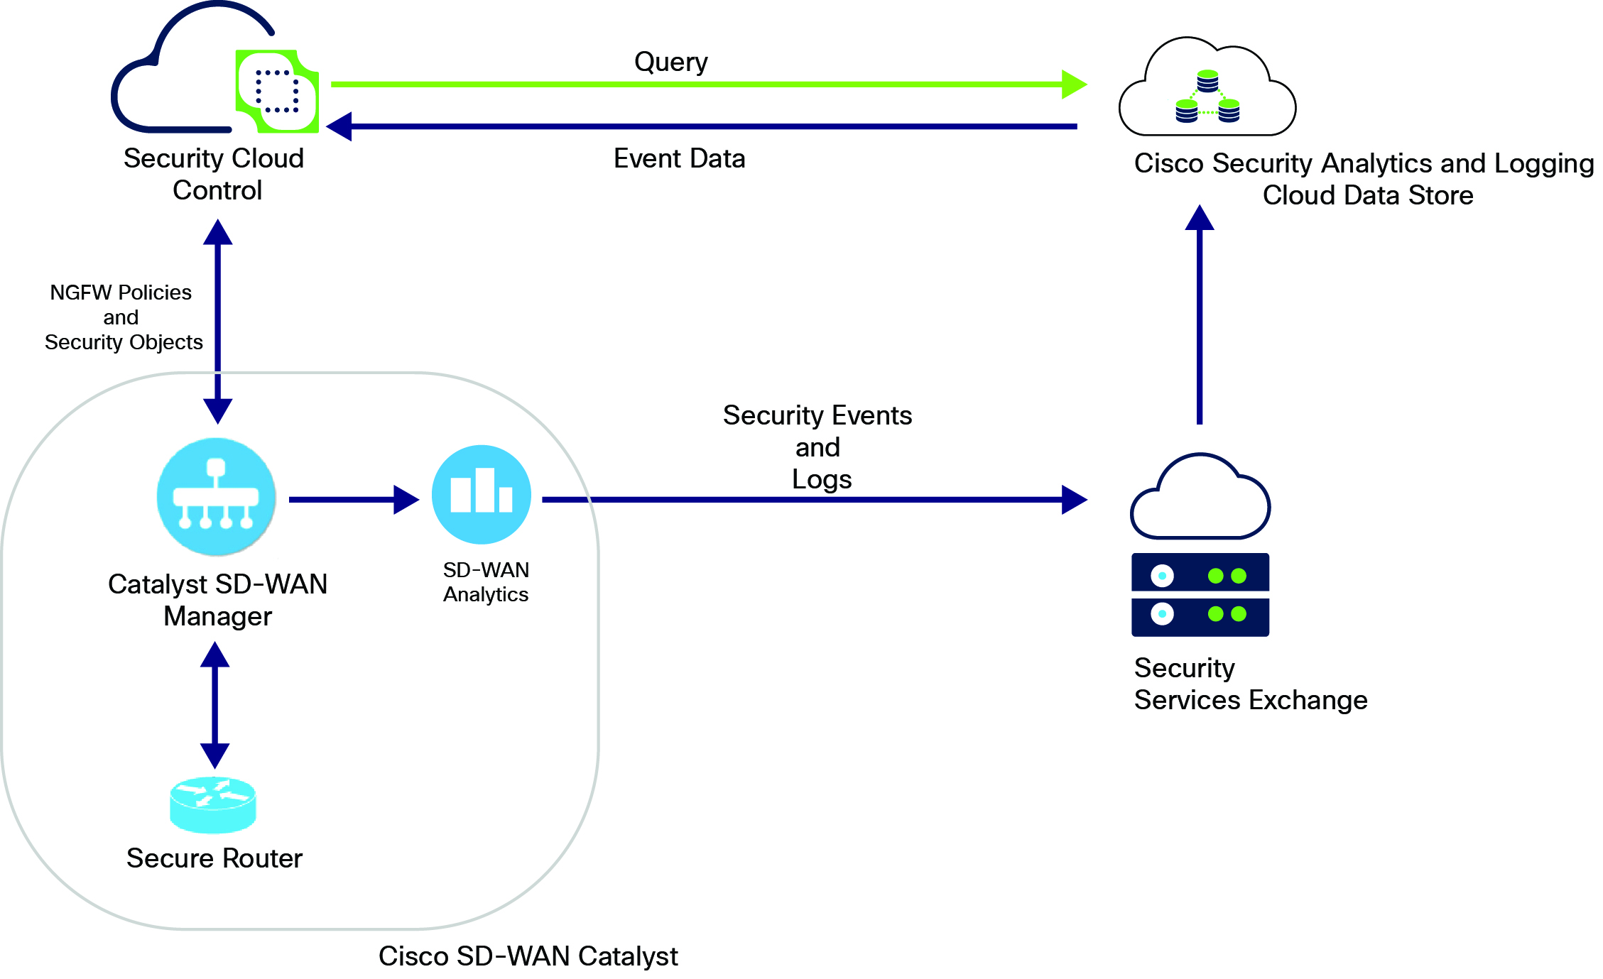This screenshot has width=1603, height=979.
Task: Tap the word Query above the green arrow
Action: pyautogui.click(x=670, y=62)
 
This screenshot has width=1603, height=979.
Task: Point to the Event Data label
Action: pyautogui.click(x=679, y=158)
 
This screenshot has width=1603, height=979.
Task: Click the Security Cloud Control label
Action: pyautogui.click(x=214, y=174)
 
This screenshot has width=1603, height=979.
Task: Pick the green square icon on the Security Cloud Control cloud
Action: pyautogui.click(x=278, y=91)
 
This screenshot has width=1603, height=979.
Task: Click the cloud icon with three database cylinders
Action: pyautogui.click(x=1207, y=89)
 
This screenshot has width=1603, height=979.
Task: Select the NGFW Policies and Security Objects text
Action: pyautogui.click(x=123, y=317)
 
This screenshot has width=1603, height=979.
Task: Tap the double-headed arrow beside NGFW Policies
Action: pyautogui.click(x=218, y=321)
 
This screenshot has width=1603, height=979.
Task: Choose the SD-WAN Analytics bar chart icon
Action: pyautogui.click(x=482, y=494)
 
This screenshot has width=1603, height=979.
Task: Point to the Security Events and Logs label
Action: pyautogui.click(x=818, y=447)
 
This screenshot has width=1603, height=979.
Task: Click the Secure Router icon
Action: pyautogui.click(x=213, y=804)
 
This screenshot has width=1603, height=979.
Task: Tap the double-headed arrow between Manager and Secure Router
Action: pyautogui.click(x=214, y=705)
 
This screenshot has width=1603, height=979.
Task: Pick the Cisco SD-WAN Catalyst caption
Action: pyautogui.click(x=528, y=956)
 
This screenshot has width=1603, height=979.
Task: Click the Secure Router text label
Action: pyautogui.click(x=214, y=858)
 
